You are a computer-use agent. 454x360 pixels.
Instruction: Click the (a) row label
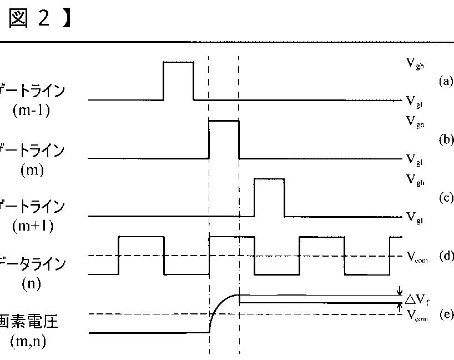coord(446,82)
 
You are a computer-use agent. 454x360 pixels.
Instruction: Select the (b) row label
coord(446,139)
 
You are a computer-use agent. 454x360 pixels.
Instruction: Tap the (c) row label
coord(446,198)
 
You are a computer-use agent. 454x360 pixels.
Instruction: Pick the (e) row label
coord(446,314)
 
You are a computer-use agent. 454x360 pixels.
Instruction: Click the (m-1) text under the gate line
coord(31,111)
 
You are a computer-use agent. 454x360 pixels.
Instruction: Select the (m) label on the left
coord(31,169)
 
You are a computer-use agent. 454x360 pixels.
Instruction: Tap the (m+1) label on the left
coord(31,227)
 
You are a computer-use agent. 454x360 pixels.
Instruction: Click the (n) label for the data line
coord(31,284)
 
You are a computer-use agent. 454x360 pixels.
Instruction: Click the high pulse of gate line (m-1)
coord(178,63)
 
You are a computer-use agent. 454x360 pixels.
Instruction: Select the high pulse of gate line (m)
coord(224,121)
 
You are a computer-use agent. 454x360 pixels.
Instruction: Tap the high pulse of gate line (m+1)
coord(269,179)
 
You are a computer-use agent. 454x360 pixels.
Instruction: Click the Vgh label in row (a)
coord(415,63)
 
